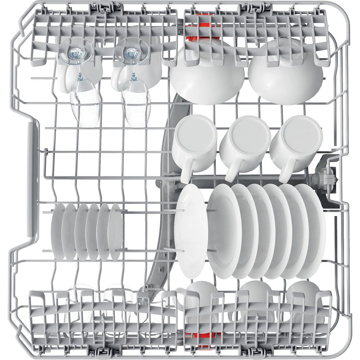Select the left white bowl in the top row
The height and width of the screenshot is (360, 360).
pyautogui.click(x=207, y=76)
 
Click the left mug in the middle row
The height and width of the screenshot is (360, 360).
pyautogui.click(x=195, y=140)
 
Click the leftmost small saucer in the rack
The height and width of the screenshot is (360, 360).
pyautogui.click(x=58, y=231)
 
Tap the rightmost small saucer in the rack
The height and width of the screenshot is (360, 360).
pyautogui.click(x=115, y=231)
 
